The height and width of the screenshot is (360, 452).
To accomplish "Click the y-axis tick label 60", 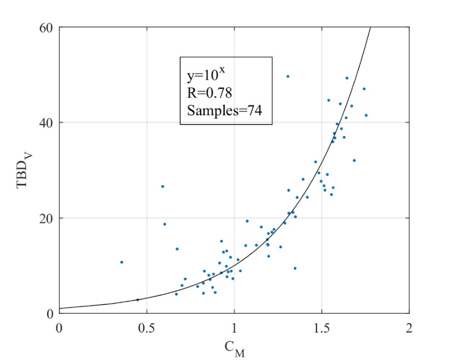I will (46, 27).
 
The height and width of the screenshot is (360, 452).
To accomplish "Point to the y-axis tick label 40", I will (46, 123).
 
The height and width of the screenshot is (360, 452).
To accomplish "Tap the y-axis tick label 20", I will (46, 218).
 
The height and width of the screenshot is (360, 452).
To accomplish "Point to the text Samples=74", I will (224, 110).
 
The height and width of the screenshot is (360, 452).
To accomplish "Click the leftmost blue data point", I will (121, 262).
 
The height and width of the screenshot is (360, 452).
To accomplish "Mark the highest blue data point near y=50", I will (287, 76).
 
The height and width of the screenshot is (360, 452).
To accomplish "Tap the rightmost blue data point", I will (366, 115).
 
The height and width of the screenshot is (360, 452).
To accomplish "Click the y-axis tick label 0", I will (49, 314).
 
